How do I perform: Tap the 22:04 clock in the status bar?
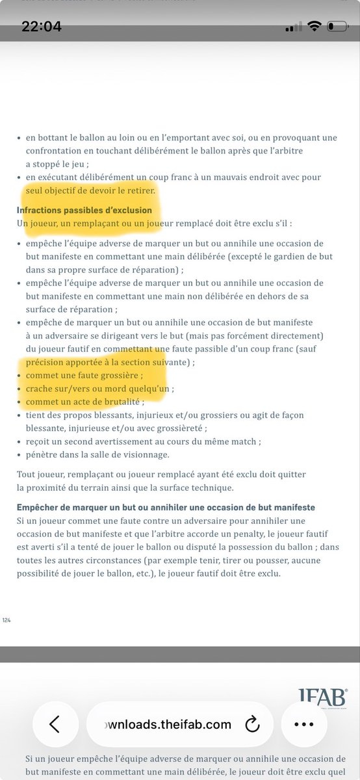click(42, 27)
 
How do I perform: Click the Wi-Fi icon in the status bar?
click(315, 27)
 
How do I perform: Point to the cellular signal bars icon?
click(294, 27)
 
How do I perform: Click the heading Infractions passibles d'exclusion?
click(84, 211)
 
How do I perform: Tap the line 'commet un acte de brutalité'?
click(75, 402)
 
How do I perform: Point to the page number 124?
click(7, 620)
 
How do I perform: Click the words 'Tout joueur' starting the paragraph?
click(40, 474)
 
